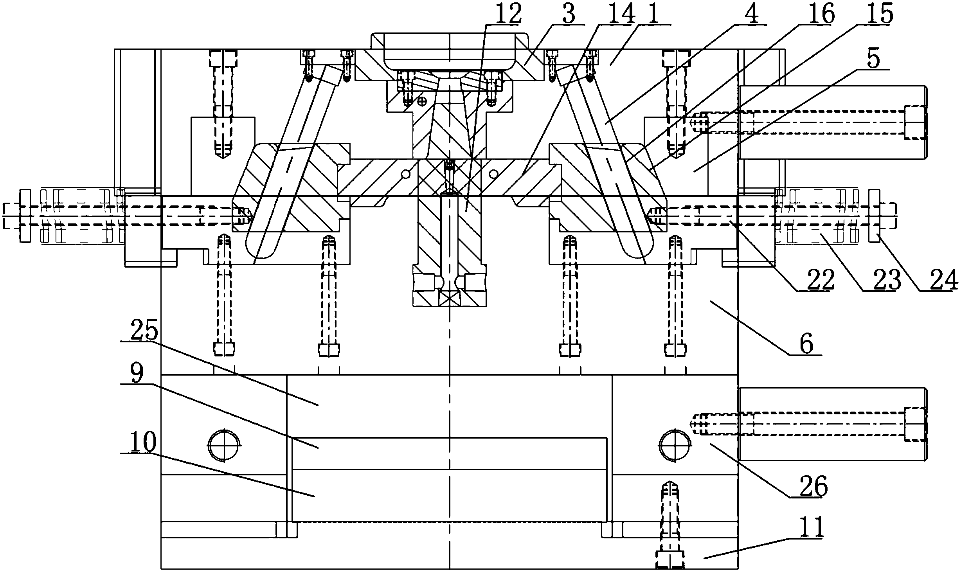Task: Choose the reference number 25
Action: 144,331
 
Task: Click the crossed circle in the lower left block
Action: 223,445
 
